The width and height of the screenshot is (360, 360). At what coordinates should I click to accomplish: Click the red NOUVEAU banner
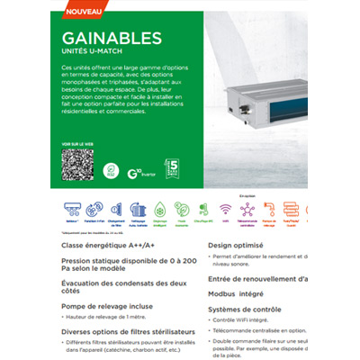click(x=83, y=12)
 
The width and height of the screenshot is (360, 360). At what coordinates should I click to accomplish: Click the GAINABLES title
click(x=112, y=38)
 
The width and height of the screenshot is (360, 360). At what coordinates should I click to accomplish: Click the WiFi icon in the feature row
click(x=225, y=211)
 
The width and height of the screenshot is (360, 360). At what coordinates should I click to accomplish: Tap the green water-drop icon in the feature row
click(x=160, y=211)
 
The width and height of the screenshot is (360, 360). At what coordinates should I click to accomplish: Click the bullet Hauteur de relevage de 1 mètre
click(x=106, y=318)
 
